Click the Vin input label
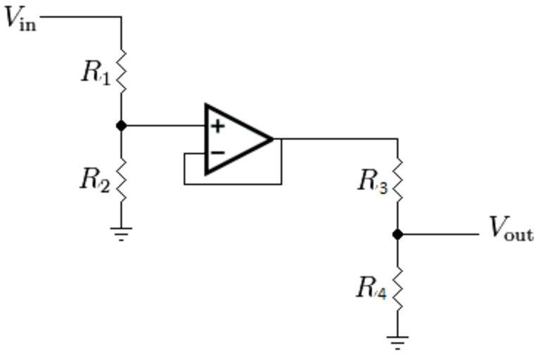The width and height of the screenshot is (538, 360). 20,18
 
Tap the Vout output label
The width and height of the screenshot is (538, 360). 511,229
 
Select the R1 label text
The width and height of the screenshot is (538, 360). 96,72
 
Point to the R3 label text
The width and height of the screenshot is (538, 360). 372,181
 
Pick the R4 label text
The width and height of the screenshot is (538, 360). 371,288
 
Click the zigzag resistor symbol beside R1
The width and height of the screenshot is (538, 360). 122,70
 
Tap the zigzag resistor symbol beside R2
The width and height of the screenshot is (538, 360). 122,179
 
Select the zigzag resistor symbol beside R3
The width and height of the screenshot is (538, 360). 397,179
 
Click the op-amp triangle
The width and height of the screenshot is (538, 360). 236,139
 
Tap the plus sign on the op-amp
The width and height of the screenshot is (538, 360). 218,127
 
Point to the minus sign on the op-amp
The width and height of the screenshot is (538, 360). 218,152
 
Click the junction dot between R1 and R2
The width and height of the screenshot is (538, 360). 122,126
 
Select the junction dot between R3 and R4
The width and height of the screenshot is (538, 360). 397,234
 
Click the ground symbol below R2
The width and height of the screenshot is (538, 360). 122,233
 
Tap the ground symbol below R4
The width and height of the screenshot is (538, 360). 397,343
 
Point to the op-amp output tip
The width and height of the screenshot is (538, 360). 272,139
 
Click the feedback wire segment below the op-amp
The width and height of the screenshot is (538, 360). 232,184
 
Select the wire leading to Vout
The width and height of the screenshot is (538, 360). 440,234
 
